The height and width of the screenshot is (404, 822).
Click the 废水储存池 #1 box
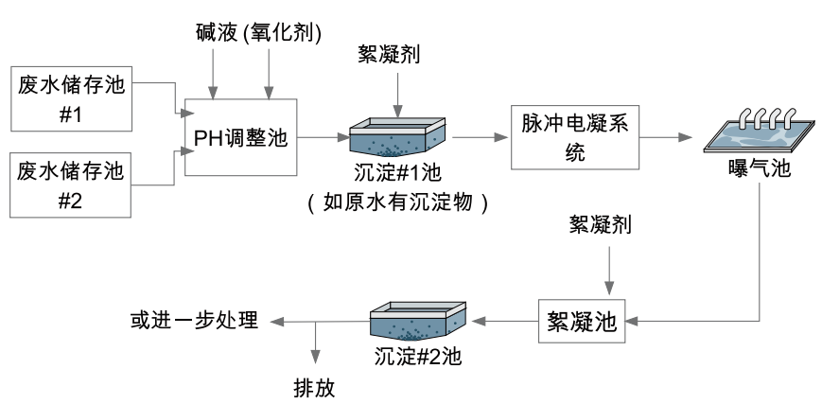[x=71, y=98]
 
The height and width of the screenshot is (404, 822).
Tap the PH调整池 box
[x=240, y=137]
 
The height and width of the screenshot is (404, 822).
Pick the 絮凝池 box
[x=582, y=322]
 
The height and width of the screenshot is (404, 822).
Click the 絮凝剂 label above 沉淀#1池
[x=388, y=54]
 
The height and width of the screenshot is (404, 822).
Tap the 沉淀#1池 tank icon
[x=397, y=138]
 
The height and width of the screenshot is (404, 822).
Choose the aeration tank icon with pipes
[x=761, y=133]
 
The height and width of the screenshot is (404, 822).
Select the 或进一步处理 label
[x=194, y=320]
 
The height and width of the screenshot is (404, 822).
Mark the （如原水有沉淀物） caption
[x=397, y=201]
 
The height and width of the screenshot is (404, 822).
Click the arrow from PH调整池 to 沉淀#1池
[x=324, y=137]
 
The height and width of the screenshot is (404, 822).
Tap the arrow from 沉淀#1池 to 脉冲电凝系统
[x=478, y=137]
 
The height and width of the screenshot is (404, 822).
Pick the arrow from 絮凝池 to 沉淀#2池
[x=506, y=322]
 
